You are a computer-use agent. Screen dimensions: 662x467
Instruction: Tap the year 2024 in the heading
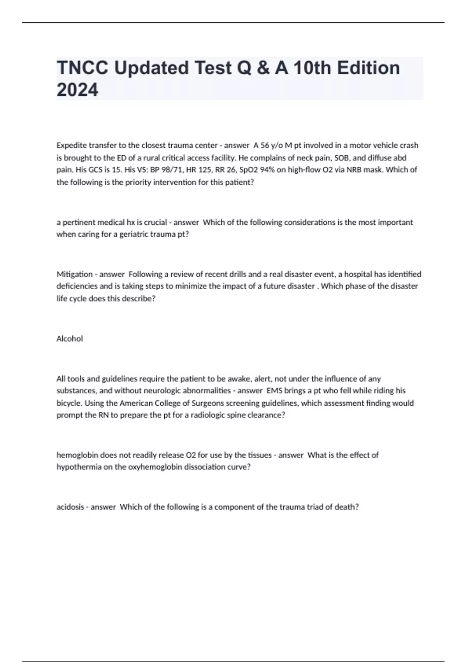pos(77,90)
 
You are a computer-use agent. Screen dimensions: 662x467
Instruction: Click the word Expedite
pos(72,145)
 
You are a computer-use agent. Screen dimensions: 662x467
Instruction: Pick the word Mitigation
pos(74,274)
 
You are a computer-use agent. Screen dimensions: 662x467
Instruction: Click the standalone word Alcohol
pos(70,339)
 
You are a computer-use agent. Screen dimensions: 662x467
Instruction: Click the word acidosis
pos(70,507)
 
